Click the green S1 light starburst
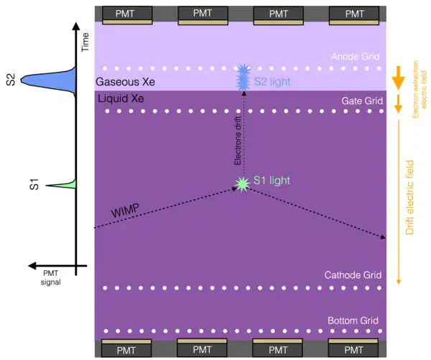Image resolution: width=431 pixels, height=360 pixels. [242, 184]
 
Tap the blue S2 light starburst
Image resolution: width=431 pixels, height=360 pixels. [243, 78]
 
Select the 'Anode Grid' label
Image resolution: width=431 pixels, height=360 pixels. [354, 57]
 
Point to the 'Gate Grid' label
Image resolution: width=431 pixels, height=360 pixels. [358, 101]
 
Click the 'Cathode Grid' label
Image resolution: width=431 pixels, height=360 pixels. [351, 275]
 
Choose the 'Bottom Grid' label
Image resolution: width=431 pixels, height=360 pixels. [353, 320]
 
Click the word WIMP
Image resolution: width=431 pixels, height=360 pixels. [126, 211]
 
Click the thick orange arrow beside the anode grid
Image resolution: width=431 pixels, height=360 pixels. [397, 78]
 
